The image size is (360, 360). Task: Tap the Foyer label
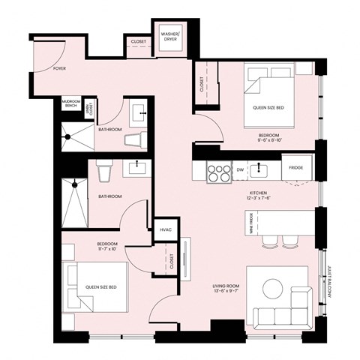pos(59,68)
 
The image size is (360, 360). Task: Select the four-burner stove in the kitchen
pos(217,169)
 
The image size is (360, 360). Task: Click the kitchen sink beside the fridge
pos(261,168)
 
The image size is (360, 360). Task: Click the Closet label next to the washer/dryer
pos(138,42)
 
